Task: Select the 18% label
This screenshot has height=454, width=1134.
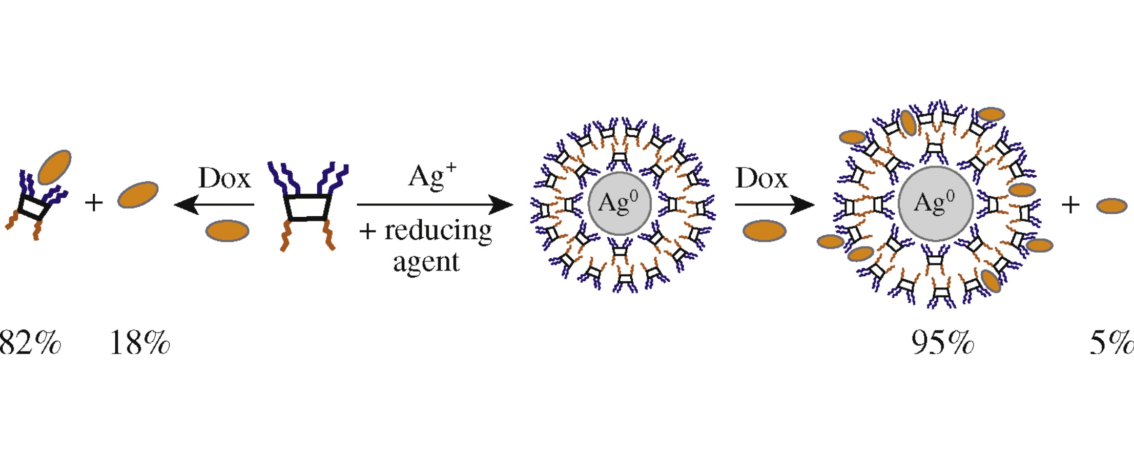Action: tap(140, 343)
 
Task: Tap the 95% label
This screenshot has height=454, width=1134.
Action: tap(942, 343)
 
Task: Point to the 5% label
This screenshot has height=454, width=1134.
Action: tap(1111, 343)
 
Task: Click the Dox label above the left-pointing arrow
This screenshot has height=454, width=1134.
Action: tap(224, 178)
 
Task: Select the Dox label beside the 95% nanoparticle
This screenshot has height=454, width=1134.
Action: tap(761, 178)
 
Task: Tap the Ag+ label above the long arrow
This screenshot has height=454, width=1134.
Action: tap(432, 177)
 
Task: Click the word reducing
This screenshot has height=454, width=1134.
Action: tap(438, 231)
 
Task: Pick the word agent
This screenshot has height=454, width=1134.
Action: tap(426, 262)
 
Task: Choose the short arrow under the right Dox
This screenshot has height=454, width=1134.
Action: tap(774, 205)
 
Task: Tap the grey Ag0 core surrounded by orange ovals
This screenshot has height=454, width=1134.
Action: tap(935, 203)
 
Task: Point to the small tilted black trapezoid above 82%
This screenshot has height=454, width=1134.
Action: tap(34, 207)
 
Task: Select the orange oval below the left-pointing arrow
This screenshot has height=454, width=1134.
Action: tap(227, 231)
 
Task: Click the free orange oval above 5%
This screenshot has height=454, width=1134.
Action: tap(1111, 206)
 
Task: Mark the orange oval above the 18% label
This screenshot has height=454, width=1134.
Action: tap(138, 195)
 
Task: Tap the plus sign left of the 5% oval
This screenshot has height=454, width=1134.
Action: tap(1070, 205)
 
